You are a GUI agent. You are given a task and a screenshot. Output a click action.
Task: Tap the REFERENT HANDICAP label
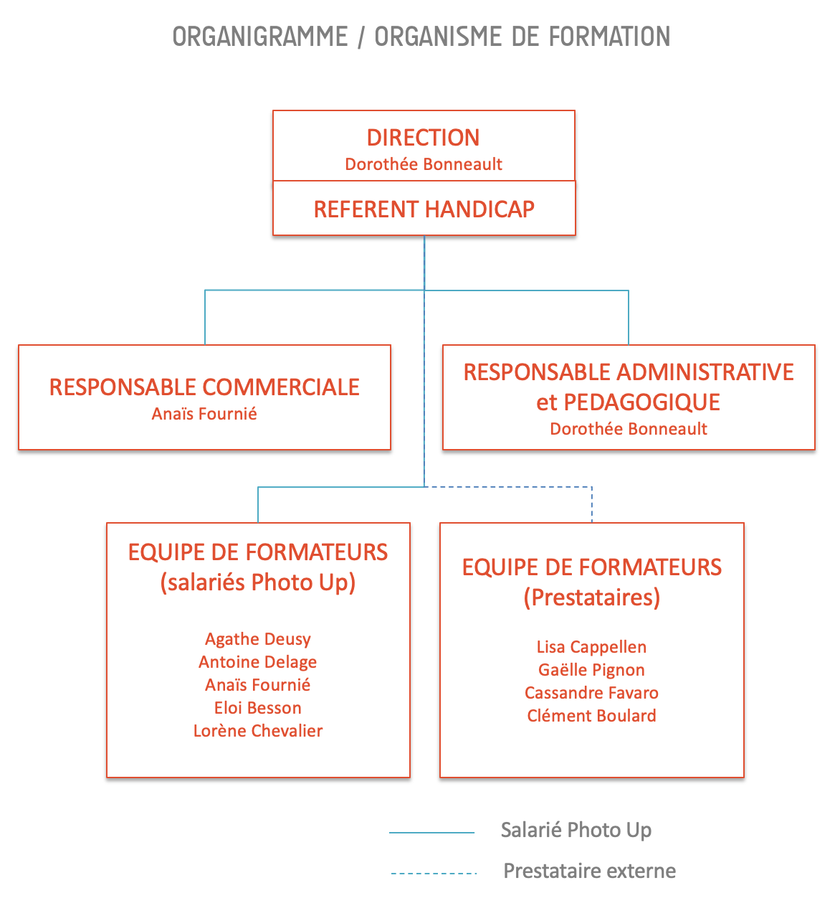[424, 209]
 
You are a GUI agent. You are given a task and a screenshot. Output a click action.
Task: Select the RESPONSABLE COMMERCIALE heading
[204, 387]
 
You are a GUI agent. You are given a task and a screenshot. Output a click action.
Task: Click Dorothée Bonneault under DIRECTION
[424, 164]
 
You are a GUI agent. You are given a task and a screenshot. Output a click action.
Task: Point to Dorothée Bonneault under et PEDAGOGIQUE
[628, 429]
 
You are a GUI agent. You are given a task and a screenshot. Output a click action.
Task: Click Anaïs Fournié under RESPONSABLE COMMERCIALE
[204, 414]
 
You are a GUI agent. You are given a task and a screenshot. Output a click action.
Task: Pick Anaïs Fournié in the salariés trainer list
[257, 684]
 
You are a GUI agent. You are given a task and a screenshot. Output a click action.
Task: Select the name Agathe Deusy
[257, 639]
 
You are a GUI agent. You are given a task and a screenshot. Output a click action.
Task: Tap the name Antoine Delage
[257, 662]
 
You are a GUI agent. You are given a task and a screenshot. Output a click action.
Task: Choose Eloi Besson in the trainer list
[257, 708]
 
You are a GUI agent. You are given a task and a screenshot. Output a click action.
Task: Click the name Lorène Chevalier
[257, 731]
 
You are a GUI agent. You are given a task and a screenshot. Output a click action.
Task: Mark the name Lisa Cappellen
[591, 647]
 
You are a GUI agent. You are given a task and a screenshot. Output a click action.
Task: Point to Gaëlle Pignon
[591, 670]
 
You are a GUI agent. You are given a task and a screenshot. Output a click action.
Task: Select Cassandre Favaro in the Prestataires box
[591, 693]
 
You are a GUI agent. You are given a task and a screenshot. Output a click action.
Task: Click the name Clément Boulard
[591, 716]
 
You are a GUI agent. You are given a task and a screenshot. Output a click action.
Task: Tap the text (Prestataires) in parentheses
[591, 597]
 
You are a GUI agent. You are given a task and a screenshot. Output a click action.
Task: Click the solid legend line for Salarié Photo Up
[431, 833]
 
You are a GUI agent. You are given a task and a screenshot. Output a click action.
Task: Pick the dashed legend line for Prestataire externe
[434, 873]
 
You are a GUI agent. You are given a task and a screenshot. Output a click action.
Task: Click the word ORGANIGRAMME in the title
[260, 37]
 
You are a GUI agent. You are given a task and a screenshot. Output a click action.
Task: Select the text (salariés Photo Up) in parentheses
[257, 582]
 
